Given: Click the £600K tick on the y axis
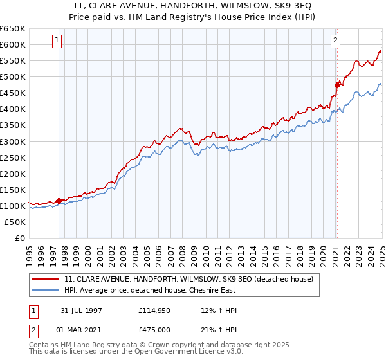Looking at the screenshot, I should (12, 44).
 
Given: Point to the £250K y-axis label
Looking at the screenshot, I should (12, 157).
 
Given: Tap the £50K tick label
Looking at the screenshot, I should (15, 222).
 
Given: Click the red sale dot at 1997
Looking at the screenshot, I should (59, 201).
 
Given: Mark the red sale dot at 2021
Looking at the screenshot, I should (336, 84).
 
